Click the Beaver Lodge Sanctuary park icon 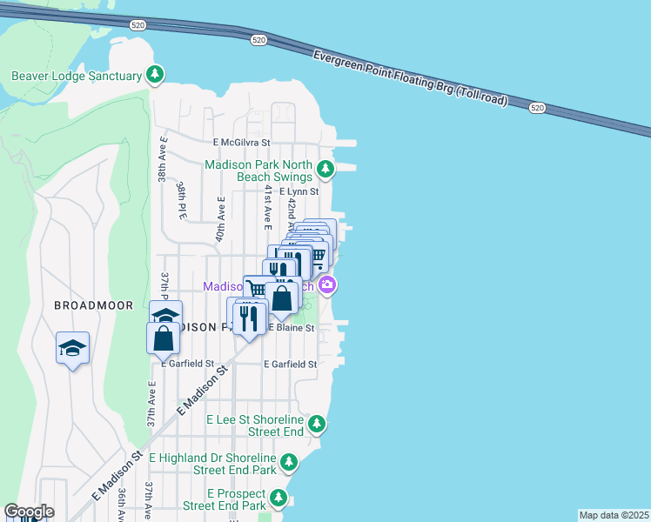point(156,75)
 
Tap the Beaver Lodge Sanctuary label point(77,76)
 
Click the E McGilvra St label point(242,142)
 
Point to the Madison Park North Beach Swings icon point(325,168)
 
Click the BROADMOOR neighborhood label point(93,305)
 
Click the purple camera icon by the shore point(328,284)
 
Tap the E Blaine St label point(291,328)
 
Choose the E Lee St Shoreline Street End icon point(318,424)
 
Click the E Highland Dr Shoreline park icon point(289,462)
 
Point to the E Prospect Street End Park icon point(279,499)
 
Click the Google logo point(29,512)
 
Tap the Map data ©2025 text point(614,515)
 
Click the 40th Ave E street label point(221,221)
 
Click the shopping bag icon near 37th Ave point(163,338)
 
